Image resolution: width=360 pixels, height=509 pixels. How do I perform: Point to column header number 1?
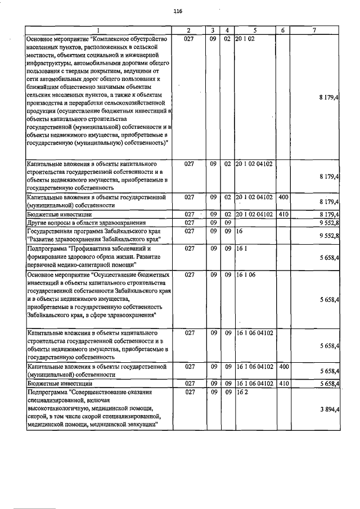98,30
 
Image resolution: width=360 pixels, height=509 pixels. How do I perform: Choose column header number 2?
188,30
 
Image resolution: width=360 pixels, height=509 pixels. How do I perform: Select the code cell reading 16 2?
242,390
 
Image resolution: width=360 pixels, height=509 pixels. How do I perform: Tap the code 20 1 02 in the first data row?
246,38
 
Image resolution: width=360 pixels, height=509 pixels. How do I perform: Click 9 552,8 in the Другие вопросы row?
328,223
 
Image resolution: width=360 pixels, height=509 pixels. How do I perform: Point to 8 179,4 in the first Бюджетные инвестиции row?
328,214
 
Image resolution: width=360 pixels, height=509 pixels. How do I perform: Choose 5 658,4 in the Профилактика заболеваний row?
328,260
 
